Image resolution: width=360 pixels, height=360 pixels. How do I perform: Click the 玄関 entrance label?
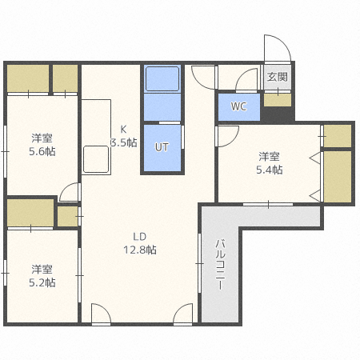click(x=278, y=78)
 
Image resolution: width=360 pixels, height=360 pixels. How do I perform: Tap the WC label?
click(x=239, y=106)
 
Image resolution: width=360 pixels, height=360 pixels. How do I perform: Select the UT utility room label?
click(x=162, y=147)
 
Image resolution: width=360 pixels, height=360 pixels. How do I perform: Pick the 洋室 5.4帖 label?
click(x=269, y=162)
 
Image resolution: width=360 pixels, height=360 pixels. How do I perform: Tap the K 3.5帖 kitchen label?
click(x=123, y=137)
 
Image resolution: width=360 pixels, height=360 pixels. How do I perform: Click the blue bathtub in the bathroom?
click(x=163, y=79)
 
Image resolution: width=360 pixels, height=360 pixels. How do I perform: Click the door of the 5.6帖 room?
click(x=70, y=192)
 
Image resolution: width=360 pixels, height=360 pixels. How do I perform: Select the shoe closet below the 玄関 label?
click(x=278, y=100)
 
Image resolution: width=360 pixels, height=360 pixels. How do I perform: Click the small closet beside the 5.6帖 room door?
click(x=67, y=215)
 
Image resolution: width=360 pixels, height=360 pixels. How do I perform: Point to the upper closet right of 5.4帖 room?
click(x=338, y=135)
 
